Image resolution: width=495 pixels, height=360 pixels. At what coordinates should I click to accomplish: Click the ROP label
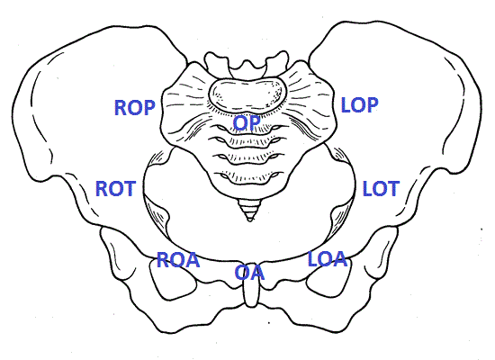[135, 107]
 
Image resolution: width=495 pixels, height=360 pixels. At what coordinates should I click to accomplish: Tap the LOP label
[360, 105]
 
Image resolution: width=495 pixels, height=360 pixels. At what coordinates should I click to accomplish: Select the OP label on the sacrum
[247, 122]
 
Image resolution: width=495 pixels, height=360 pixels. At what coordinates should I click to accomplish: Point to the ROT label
[115, 188]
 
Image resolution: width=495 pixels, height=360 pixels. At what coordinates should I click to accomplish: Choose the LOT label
[381, 188]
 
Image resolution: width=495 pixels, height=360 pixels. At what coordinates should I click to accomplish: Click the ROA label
[178, 260]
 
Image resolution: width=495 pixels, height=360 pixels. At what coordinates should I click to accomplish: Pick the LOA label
[328, 258]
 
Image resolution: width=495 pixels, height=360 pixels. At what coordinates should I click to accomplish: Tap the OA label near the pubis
[249, 273]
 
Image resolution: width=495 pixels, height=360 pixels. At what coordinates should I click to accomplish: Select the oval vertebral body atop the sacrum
[247, 94]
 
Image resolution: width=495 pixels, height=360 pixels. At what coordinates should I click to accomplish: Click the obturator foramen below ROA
[174, 278]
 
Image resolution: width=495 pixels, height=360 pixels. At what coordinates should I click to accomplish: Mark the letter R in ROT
[102, 188]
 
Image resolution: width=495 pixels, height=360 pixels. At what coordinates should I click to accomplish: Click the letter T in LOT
[393, 188]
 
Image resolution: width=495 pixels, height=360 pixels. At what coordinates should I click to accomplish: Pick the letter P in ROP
[149, 107]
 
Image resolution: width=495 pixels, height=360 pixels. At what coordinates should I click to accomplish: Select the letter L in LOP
[346, 105]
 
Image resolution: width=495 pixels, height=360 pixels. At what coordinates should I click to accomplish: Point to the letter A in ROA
[193, 260]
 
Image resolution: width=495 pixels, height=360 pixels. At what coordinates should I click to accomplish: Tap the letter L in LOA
[313, 258]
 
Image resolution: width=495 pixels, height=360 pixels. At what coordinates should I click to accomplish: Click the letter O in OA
[242, 273]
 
